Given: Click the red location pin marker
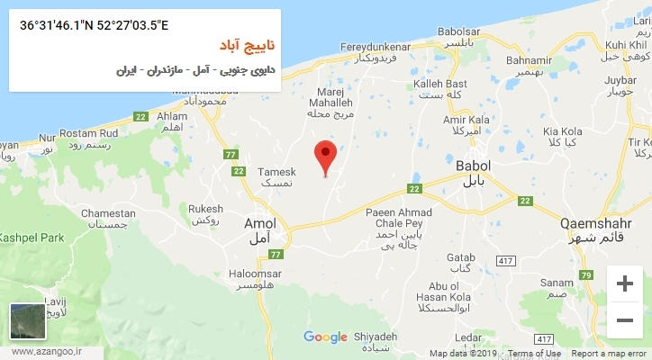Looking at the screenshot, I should pyautogui.click(x=325, y=157).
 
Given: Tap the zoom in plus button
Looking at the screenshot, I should pyautogui.click(x=624, y=284).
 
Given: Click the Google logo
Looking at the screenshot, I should pyautogui.click(x=325, y=337).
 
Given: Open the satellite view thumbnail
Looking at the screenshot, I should pyautogui.click(x=27, y=322).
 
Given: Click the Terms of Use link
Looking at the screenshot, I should pyautogui.click(x=534, y=354).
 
